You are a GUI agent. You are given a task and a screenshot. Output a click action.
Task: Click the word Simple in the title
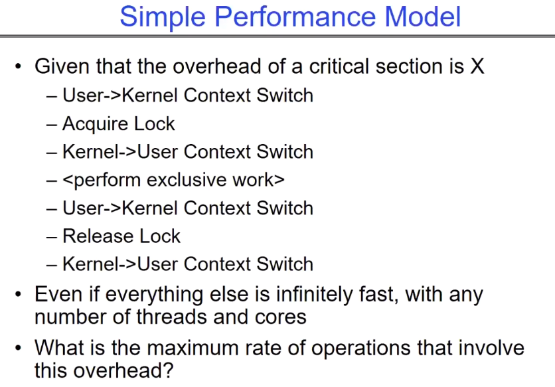pos(163,17)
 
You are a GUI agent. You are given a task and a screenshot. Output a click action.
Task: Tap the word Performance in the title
pos(295,17)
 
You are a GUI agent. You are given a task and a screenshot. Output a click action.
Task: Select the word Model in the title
pos(422,17)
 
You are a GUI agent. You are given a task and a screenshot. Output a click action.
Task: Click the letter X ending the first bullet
pos(477,66)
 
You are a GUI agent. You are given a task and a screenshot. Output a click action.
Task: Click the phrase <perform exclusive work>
pos(173,180)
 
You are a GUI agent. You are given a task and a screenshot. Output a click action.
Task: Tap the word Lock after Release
pos(160,236)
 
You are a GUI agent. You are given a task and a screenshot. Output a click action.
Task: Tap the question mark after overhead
pos(168,370)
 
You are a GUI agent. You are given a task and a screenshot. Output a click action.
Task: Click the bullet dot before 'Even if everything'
pos(18,294)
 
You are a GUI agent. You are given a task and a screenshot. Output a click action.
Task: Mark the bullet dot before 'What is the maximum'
pos(18,348)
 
